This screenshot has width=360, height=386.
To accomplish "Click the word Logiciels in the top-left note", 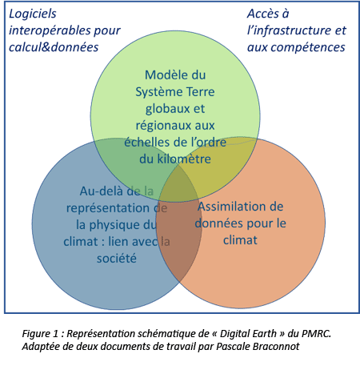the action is coord(33,14).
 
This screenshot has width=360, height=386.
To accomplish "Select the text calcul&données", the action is coord(54,47).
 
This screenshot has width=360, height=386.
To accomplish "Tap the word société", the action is coord(117,259).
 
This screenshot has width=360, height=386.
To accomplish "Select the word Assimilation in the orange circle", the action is coord(229,207).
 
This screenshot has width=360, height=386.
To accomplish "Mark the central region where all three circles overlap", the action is coord(178,187).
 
